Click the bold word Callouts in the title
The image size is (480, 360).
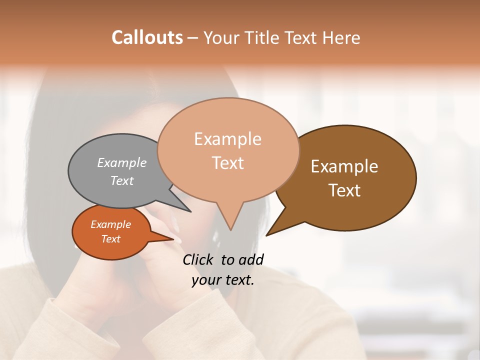[x=147, y=37]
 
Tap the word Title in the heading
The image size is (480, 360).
[x=264, y=37]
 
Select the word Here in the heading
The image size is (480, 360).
[x=341, y=37]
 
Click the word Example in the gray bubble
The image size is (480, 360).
[x=122, y=163]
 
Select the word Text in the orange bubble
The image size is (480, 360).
[x=111, y=239]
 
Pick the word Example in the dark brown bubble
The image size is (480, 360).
[x=344, y=166]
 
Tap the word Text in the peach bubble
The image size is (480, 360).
[x=228, y=163]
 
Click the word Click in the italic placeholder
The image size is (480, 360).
[x=198, y=259]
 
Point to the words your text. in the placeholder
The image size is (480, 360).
[x=223, y=280]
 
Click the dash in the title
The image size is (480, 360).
[x=193, y=37]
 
